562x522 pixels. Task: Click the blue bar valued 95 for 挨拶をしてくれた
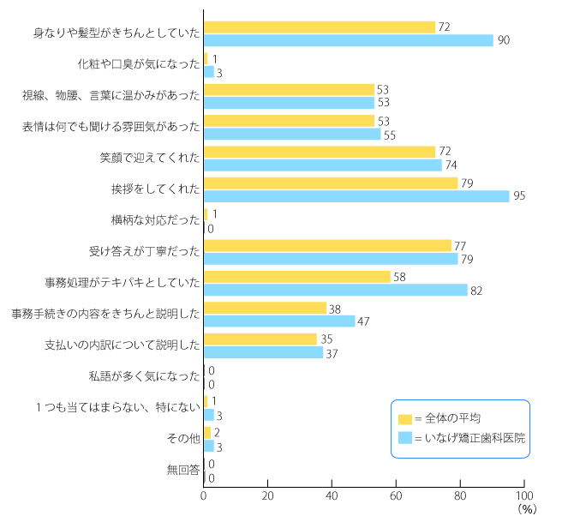(356, 196)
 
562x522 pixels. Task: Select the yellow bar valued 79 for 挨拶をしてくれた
(331, 183)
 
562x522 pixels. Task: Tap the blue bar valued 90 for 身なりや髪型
(349, 40)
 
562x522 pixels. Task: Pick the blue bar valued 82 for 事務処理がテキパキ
(336, 290)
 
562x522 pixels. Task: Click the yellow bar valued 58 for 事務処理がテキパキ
(297, 277)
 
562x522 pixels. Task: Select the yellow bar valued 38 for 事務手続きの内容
(266, 308)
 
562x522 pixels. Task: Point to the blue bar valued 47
(279, 321)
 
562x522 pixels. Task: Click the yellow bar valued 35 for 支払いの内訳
(260, 339)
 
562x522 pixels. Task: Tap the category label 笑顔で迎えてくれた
(150, 159)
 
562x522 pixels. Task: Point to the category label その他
(184, 439)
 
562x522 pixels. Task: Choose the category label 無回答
(183, 471)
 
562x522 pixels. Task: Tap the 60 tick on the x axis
(397, 495)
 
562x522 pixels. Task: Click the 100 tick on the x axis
(524, 495)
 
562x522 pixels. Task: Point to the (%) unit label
(526, 510)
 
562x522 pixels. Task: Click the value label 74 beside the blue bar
(451, 165)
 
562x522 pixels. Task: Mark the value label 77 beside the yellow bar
(461, 245)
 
